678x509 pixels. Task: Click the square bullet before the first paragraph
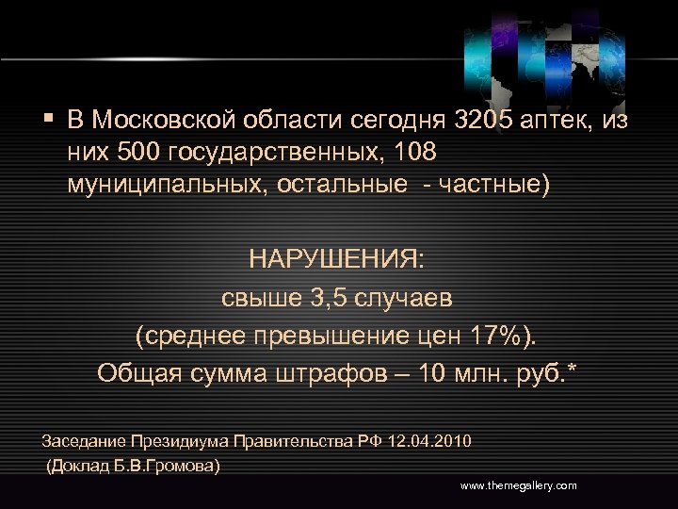pyautogui.click(x=47, y=120)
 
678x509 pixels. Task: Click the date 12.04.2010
pyautogui.click(x=430, y=440)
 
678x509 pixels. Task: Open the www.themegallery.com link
pyautogui.click(x=518, y=484)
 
